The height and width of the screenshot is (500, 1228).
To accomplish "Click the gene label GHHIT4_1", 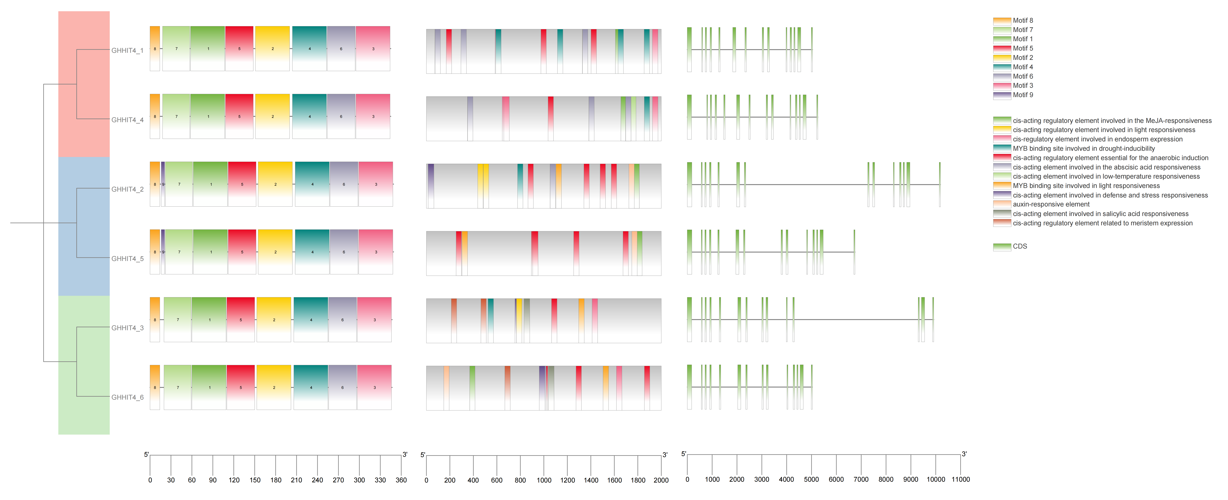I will (x=127, y=51).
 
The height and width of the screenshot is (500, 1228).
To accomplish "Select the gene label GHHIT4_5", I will (x=127, y=259).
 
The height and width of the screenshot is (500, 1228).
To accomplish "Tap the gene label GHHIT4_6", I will (x=127, y=398).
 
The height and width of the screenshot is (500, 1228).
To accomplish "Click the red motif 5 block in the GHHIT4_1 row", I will (x=239, y=49).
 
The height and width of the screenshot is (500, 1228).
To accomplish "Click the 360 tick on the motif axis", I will (x=401, y=480).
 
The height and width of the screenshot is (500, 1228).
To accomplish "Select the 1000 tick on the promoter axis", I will (x=544, y=480).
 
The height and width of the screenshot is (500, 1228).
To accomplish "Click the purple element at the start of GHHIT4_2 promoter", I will (x=431, y=186).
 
